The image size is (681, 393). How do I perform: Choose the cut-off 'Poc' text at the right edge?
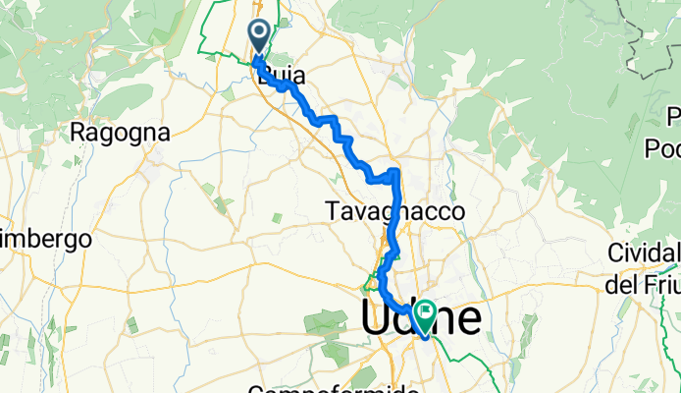pos(662,148)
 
